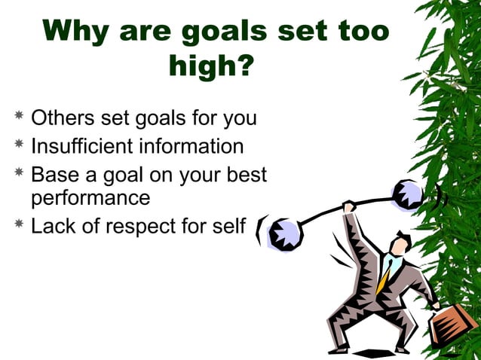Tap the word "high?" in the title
(211, 67)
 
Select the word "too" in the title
(360, 32)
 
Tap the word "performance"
(90, 198)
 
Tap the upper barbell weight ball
(408, 195)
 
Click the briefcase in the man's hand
(453, 324)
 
